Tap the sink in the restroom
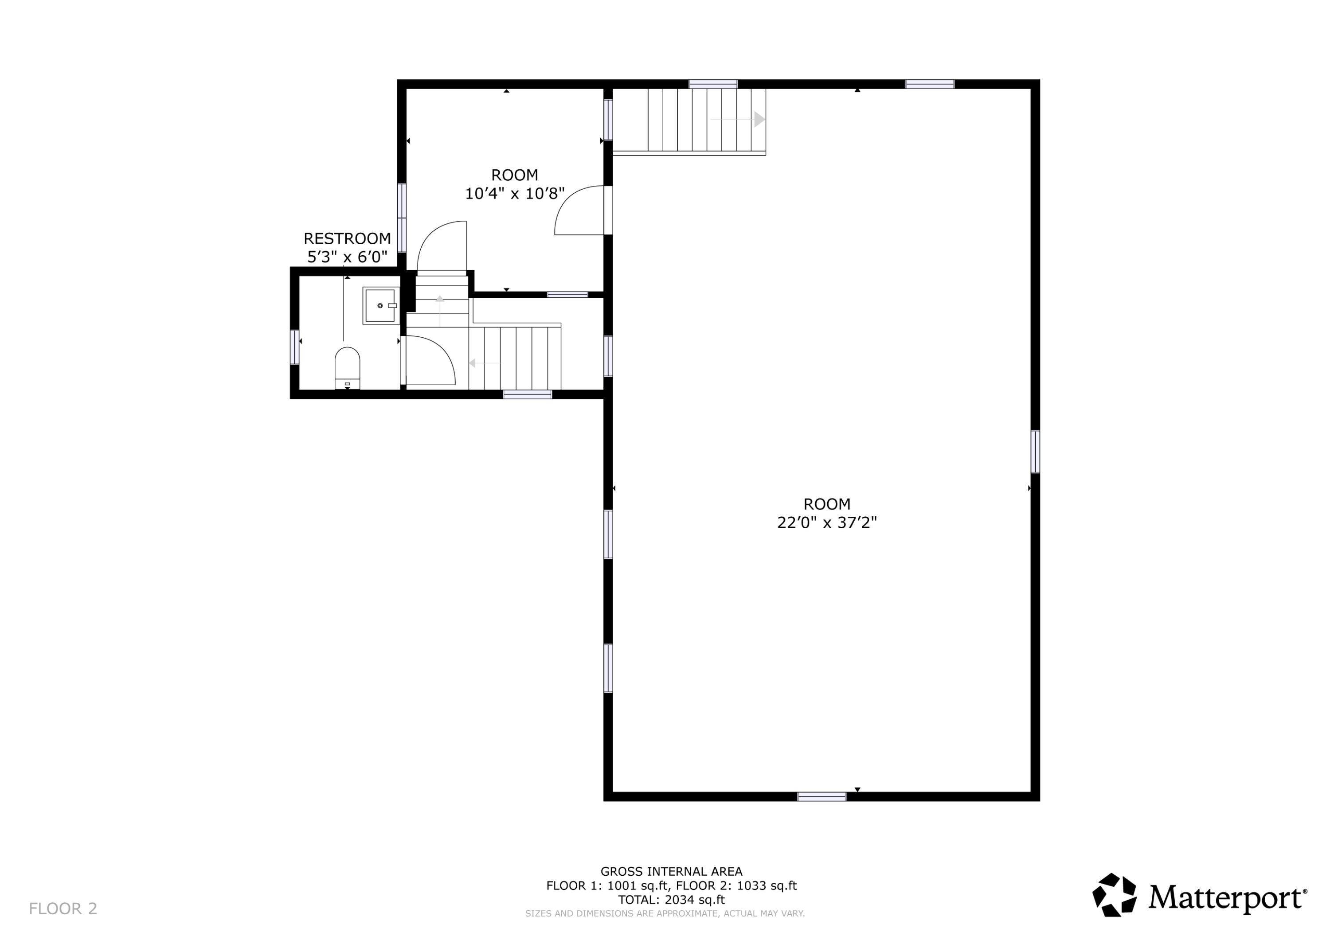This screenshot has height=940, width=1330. (x=380, y=305)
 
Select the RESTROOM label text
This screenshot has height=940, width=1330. (x=347, y=238)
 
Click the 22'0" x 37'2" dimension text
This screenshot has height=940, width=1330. (x=827, y=523)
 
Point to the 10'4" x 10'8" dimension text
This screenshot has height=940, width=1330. (x=514, y=193)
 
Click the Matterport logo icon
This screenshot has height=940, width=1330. (x=1114, y=895)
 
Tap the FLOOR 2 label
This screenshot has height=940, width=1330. (x=63, y=909)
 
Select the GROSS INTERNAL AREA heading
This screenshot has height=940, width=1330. (x=671, y=871)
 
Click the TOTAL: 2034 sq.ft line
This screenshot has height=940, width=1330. (x=671, y=900)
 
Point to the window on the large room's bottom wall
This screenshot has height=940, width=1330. (x=821, y=796)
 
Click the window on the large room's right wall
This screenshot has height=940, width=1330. (x=1035, y=452)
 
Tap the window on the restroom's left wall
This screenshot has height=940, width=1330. (x=294, y=347)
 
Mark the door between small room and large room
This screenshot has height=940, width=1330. (x=579, y=210)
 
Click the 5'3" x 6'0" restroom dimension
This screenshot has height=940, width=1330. (x=347, y=257)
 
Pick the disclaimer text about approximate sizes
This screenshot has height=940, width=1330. (x=665, y=913)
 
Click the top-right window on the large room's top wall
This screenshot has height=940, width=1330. (x=930, y=84)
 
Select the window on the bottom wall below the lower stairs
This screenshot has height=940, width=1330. (x=527, y=394)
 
